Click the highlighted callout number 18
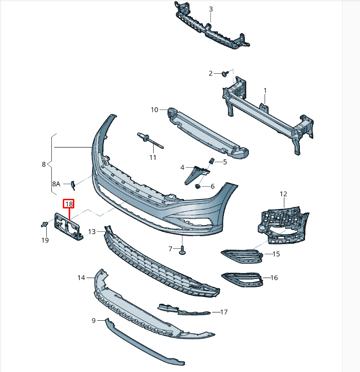(69, 204)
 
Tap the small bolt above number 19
(44, 224)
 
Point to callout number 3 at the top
(210, 9)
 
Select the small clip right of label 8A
(72, 184)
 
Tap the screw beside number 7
(182, 250)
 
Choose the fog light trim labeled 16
(242, 279)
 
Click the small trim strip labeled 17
(183, 310)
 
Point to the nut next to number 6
(198, 186)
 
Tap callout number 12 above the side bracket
(283, 194)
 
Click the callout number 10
(154, 109)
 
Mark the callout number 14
(81, 278)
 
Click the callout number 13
(92, 232)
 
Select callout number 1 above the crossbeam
(265, 91)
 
